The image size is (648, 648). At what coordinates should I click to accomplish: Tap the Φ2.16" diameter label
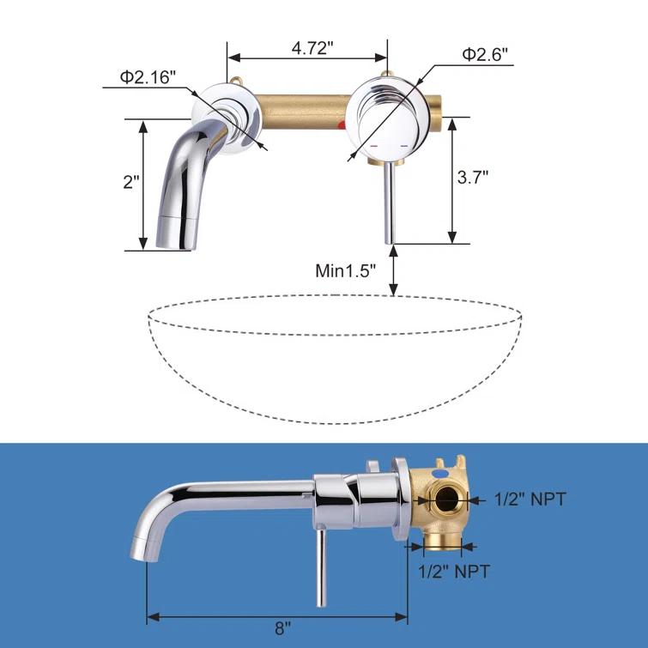click(148, 77)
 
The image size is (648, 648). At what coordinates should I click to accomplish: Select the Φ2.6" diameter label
click(485, 54)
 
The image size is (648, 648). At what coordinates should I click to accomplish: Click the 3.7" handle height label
click(472, 178)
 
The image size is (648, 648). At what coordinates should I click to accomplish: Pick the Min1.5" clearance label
click(346, 271)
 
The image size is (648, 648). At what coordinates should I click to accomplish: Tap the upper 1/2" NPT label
click(530, 499)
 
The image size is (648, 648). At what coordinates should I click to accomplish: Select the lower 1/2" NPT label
click(453, 571)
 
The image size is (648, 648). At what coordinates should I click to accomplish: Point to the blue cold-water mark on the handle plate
click(403, 146)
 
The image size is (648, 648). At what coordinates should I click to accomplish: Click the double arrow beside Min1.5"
click(393, 270)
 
